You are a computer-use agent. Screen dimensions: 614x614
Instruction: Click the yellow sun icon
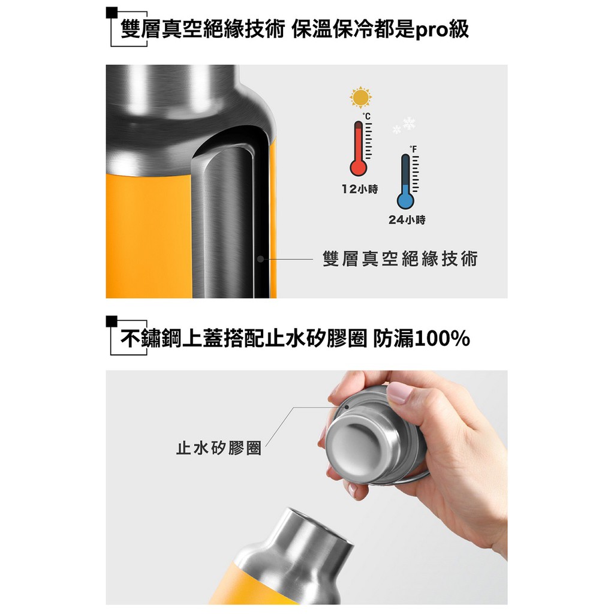tap(360, 97)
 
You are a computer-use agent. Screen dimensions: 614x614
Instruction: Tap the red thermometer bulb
tap(359, 168)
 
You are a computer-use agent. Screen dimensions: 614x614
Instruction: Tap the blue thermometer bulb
tap(405, 200)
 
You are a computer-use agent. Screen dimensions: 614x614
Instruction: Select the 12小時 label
tap(360, 189)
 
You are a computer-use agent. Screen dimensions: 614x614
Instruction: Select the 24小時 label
tap(407, 219)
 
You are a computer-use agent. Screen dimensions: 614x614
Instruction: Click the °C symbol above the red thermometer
tap(366, 116)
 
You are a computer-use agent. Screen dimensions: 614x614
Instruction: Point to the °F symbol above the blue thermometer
tap(413, 149)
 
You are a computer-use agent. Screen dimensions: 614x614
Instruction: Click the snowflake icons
tap(404, 125)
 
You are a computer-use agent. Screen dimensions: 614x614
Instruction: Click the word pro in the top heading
tap(431, 30)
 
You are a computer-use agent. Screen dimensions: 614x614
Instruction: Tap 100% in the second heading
tap(442, 338)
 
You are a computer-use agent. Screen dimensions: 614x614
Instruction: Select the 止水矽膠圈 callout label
tap(218, 447)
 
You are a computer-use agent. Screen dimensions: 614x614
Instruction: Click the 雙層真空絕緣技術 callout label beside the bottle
tap(400, 259)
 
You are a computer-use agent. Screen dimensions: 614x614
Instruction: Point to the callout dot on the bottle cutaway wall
tap(260, 259)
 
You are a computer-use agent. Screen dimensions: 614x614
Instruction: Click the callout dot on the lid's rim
tap(347, 407)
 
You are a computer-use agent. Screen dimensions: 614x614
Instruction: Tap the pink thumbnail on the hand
tap(399, 393)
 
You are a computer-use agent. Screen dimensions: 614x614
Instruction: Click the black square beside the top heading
tap(112, 13)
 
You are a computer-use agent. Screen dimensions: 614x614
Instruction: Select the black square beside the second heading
tap(112, 321)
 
